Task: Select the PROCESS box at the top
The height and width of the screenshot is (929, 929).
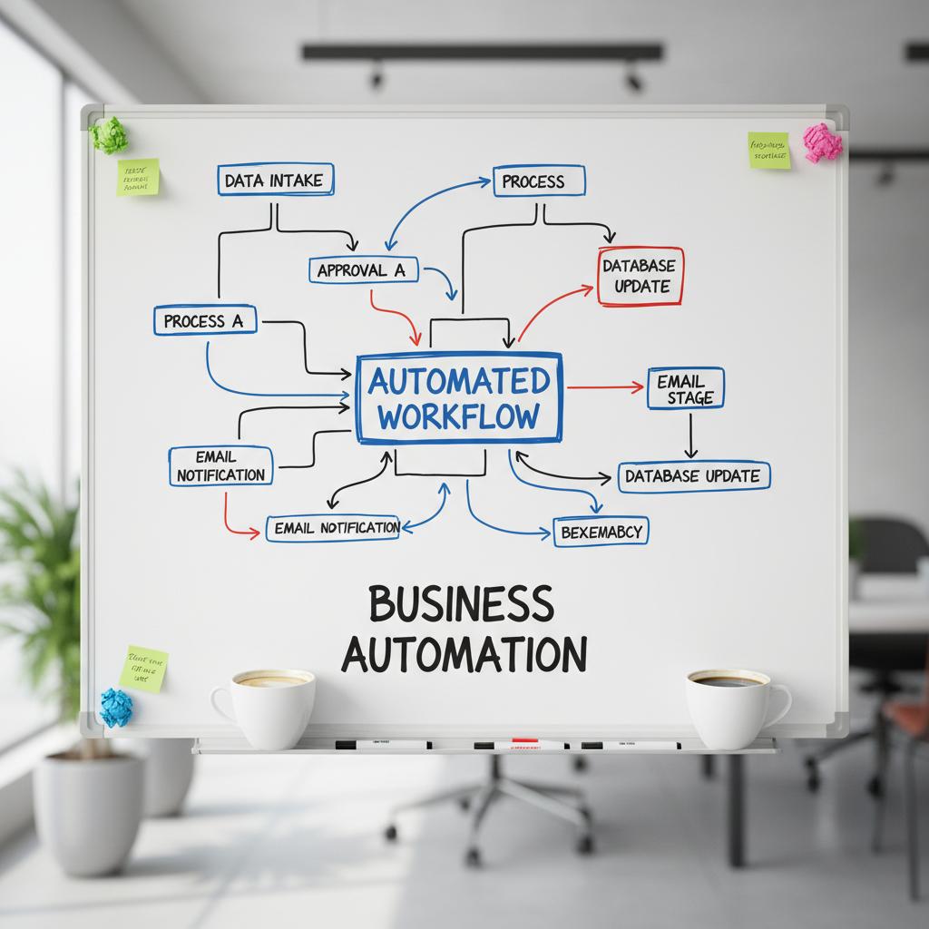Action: [x=539, y=181]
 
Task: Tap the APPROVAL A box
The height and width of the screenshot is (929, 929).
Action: [x=363, y=269]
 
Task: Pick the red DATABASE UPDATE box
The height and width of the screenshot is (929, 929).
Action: [x=641, y=276]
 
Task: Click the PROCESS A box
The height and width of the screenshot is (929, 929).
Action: [x=205, y=320]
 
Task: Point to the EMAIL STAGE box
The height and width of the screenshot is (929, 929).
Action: [x=685, y=388]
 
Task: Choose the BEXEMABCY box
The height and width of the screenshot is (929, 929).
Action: [x=601, y=532]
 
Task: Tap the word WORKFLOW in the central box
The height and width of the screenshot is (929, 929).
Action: [x=459, y=417]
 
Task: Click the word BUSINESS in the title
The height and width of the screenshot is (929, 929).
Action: [x=460, y=604]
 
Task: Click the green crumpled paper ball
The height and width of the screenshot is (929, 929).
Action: [x=109, y=134]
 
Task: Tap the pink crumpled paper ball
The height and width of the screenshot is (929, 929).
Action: [x=822, y=142]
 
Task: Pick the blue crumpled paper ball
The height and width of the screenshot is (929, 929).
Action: [x=116, y=707]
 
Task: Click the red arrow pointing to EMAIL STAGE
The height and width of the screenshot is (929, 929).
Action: [x=605, y=387]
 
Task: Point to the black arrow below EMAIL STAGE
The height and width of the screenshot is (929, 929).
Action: [x=690, y=435]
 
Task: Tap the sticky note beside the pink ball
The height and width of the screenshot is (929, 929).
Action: [x=768, y=150]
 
